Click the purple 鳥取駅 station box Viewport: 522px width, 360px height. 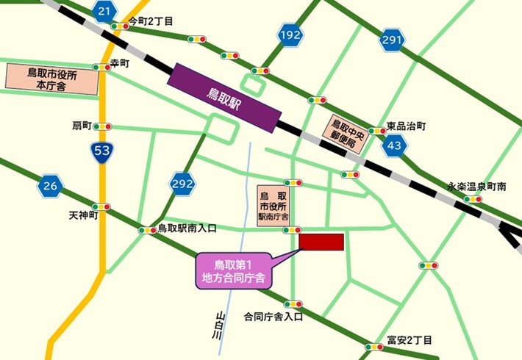[x=225, y=98]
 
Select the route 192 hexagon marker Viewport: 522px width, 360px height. [x=290, y=35]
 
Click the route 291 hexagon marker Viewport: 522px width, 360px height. [x=392, y=41]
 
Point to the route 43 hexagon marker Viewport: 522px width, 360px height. [x=396, y=145]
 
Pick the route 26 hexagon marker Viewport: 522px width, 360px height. [x=49, y=186]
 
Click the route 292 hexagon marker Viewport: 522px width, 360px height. [x=182, y=182]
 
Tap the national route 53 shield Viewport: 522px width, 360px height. [x=101, y=153]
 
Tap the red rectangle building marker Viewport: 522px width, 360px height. [x=321, y=242]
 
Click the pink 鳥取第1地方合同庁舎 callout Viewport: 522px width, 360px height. [x=233, y=270]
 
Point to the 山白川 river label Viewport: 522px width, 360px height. [x=218, y=323]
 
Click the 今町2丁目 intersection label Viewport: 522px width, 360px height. [x=151, y=21]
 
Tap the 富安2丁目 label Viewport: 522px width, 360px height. [x=410, y=339]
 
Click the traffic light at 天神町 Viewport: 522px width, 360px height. [x=101, y=206]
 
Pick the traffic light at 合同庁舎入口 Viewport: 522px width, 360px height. [x=293, y=303]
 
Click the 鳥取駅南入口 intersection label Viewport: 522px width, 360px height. [x=187, y=228]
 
